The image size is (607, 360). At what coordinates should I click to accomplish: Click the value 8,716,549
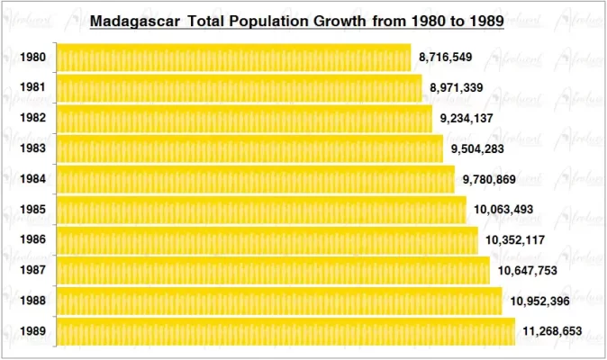point(446,58)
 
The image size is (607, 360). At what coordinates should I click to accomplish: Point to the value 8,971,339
point(457,88)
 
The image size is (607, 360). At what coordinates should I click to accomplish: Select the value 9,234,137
point(467,119)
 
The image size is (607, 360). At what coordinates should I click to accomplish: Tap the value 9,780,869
point(489,179)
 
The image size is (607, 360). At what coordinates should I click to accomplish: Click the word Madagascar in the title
point(135,20)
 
